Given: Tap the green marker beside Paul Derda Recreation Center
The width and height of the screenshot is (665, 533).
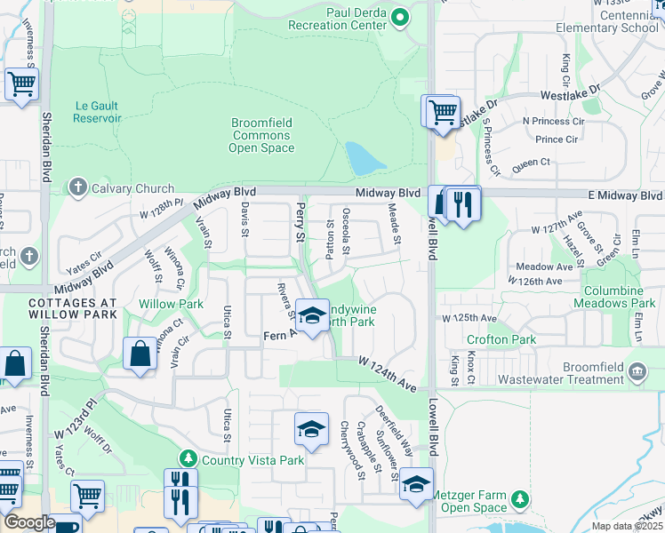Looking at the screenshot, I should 400,16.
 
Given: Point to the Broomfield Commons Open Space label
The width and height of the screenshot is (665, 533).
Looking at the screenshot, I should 262,135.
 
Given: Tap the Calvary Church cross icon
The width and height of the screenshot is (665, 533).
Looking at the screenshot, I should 77,188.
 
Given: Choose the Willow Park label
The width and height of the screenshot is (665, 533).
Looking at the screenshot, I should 171,304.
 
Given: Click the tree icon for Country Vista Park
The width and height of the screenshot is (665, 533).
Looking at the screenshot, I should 188,459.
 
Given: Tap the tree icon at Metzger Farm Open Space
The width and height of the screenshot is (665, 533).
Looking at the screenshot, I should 520,500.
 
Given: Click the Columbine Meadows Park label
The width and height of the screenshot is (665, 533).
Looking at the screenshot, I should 619,297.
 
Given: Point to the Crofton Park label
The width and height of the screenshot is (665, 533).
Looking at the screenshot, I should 501,339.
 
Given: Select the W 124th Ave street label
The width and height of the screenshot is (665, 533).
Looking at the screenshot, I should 388,374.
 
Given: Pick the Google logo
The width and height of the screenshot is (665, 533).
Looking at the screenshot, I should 28,523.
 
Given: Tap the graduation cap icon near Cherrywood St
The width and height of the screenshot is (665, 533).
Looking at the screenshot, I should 311,430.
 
